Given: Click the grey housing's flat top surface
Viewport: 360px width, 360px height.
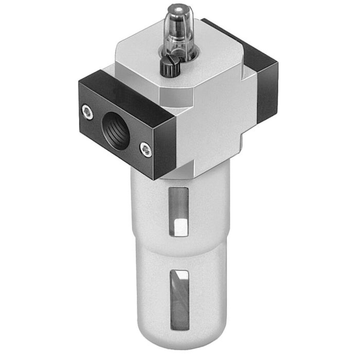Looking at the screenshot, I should (x=206, y=57).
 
